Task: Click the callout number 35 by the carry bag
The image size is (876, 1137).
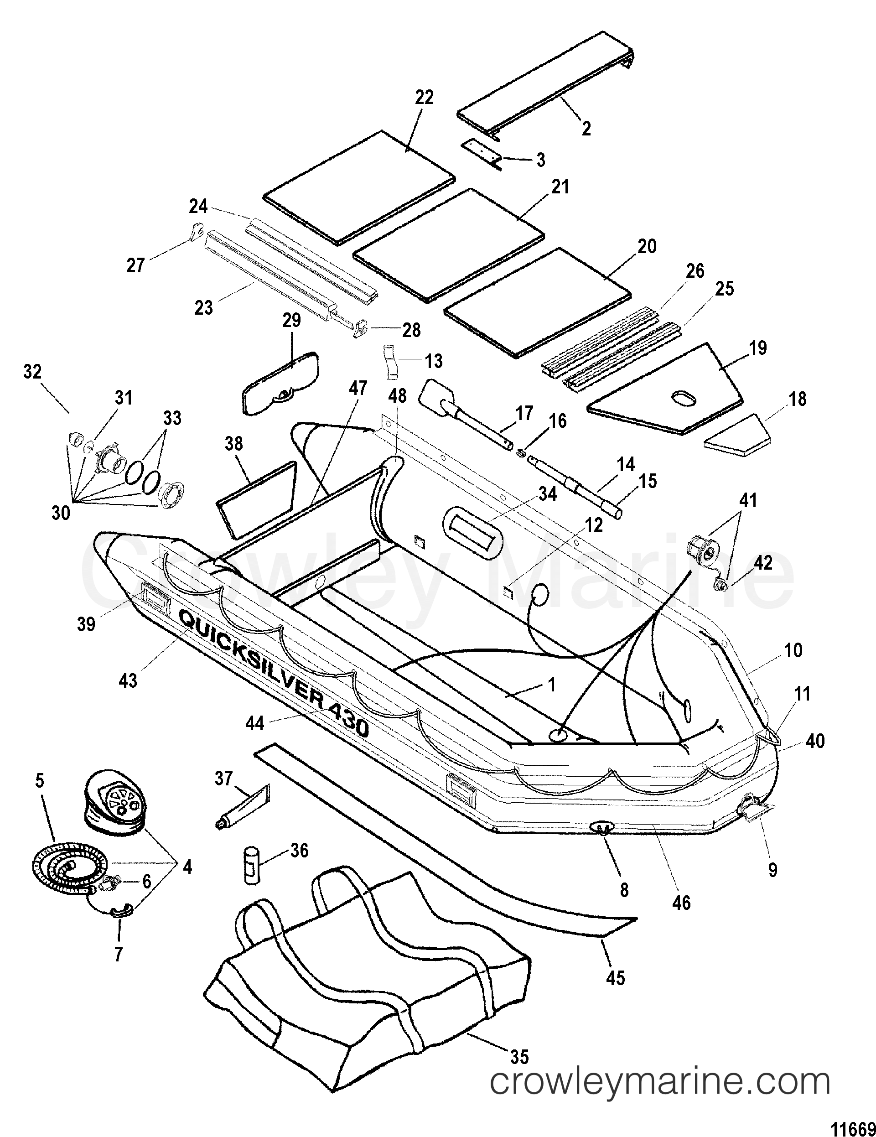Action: [519, 1027]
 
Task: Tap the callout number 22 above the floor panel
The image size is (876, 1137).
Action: [424, 97]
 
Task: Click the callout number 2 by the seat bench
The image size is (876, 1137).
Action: [586, 129]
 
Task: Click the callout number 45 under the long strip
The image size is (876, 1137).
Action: [615, 978]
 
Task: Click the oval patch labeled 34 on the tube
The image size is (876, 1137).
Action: [472, 531]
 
